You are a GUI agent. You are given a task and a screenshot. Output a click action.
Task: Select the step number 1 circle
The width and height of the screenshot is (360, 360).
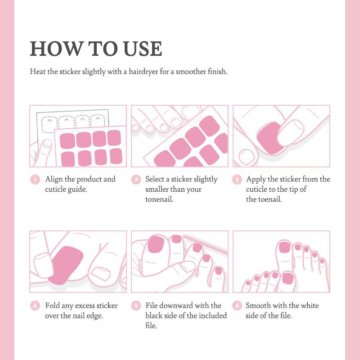tap(35, 180)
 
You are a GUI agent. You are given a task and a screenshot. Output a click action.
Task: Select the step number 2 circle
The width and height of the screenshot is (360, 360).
tap(136, 180)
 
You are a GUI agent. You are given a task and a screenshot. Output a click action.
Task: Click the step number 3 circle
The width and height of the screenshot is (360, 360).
tap(237, 180)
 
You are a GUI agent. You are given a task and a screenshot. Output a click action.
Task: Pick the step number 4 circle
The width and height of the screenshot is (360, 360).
tap(35, 306)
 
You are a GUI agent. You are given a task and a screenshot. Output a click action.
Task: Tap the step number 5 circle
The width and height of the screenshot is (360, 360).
tap(136, 306)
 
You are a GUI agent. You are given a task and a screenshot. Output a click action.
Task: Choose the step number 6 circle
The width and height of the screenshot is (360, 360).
tap(237, 306)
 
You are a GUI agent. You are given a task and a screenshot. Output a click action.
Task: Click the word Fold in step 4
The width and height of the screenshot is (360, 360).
tap(53, 306)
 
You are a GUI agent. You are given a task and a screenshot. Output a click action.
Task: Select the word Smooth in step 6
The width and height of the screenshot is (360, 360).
tap(258, 306)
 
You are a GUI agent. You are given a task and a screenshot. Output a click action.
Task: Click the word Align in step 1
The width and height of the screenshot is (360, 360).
tap(54, 179)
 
